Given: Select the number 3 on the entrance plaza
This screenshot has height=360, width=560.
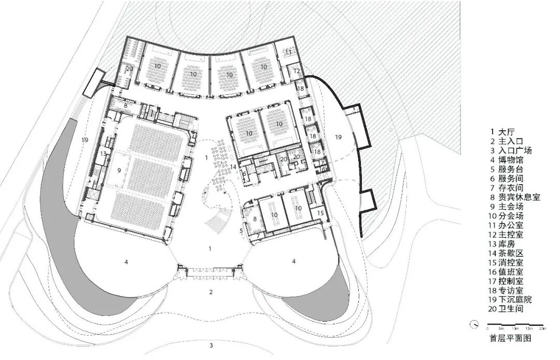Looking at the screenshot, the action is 211,345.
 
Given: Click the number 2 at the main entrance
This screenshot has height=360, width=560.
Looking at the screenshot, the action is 211,292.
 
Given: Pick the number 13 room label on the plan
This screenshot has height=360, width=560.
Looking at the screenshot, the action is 104,154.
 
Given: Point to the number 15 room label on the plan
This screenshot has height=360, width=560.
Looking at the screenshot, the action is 320,213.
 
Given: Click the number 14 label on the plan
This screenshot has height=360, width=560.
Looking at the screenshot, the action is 234,167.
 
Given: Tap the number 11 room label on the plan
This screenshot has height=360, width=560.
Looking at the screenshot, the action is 288,52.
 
